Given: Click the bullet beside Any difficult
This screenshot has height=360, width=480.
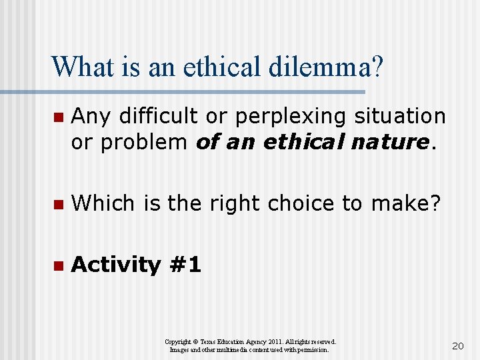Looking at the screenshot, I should point(58,117).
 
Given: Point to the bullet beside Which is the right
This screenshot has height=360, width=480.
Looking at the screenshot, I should point(58,204).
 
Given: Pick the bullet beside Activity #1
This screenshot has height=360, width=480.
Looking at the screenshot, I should point(58,265).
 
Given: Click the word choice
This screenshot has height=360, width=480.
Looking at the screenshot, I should point(305,203).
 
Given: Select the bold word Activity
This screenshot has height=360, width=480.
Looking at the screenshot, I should point(117,265).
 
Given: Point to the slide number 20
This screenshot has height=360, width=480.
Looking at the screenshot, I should point(457,345).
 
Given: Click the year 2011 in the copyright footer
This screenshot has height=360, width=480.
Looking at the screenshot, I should point(265,341).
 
